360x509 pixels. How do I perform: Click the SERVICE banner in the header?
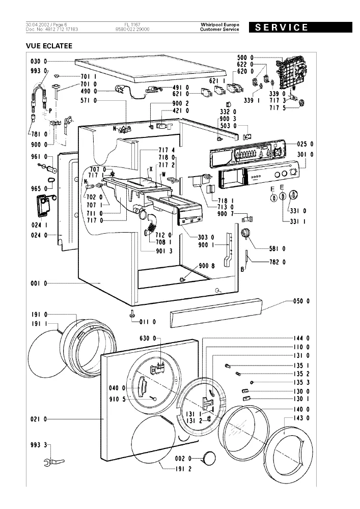(300, 27)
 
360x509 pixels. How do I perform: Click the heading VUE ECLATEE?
(49, 46)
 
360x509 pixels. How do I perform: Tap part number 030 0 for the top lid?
(39, 62)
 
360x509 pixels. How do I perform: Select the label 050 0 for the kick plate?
(301, 301)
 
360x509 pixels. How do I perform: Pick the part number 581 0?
(278, 249)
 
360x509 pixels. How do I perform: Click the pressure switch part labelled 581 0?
(245, 233)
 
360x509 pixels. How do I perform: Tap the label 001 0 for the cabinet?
(39, 284)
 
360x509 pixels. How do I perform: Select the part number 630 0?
(148, 338)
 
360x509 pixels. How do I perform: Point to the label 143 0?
(301, 418)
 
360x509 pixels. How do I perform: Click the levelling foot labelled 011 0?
(133, 314)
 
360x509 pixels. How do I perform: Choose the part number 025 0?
(306, 144)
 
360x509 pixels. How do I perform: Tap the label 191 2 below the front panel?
(183, 469)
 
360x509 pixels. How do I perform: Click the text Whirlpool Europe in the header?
(220, 24)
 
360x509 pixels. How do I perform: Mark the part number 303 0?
(206, 237)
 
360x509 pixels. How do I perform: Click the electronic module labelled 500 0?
(290, 74)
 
